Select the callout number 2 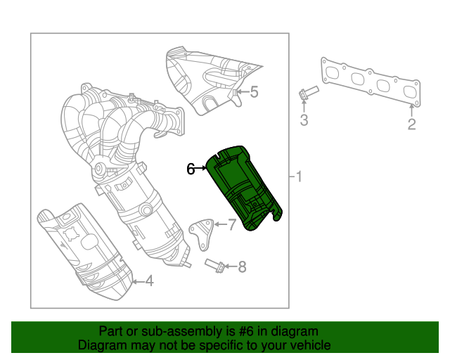pyautogui.click(x=412, y=124)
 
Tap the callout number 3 pyautogui.click(x=304, y=120)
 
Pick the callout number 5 pyautogui.click(x=254, y=91)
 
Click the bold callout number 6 pyautogui.click(x=191, y=169)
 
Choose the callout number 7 pyautogui.click(x=233, y=224)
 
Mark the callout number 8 pyautogui.click(x=242, y=266)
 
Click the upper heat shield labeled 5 pyautogui.click(x=207, y=77)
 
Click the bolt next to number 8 pyautogui.click(x=215, y=265)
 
